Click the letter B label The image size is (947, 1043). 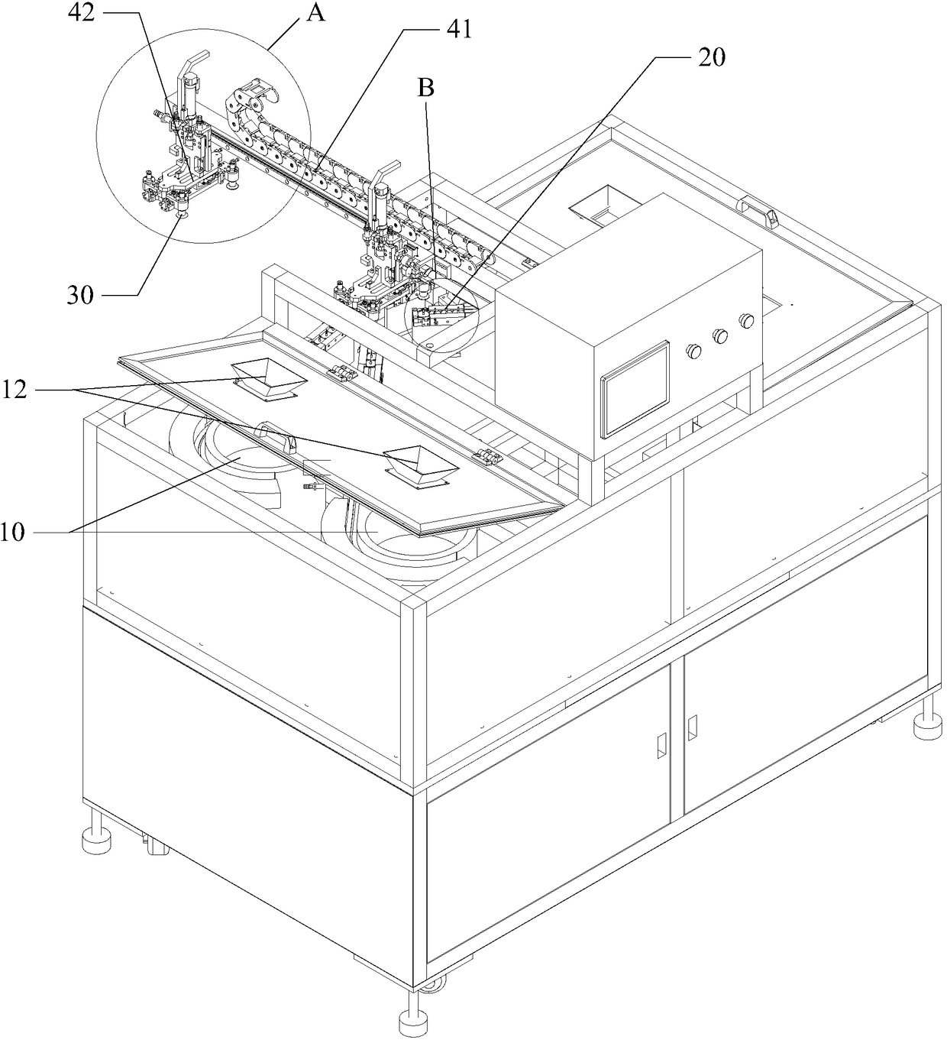click(x=426, y=89)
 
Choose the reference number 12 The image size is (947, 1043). click(x=15, y=390)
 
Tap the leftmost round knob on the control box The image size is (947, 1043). click(x=694, y=351)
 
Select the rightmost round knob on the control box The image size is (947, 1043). click(x=746, y=319)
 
